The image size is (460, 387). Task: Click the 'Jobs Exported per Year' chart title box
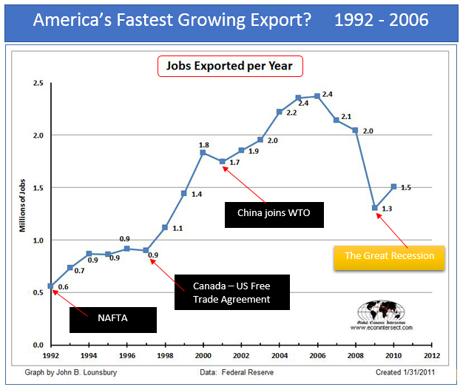(x=230, y=66)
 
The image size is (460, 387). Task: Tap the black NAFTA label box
(x=112, y=320)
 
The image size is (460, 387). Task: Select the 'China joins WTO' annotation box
(x=273, y=213)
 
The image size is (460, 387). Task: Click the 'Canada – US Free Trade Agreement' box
(x=231, y=292)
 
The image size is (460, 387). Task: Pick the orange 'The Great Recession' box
(x=389, y=256)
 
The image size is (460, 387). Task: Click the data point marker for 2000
(x=203, y=152)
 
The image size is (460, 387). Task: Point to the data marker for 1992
(x=50, y=286)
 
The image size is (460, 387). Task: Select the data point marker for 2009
(x=376, y=208)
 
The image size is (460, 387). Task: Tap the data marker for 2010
(x=393, y=186)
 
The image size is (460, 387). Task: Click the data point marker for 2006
(x=317, y=96)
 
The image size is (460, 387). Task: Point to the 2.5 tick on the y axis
(x=36, y=84)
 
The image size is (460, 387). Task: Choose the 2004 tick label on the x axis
(x=279, y=355)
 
